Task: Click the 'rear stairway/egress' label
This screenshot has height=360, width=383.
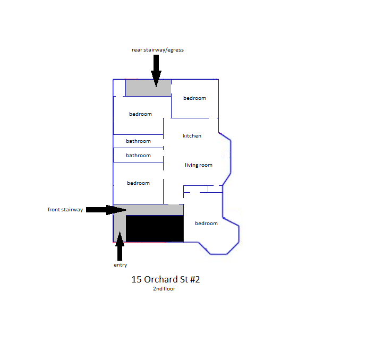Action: point(158,50)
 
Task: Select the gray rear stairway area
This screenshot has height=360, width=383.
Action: point(148,88)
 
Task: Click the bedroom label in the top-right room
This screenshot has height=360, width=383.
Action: point(194,98)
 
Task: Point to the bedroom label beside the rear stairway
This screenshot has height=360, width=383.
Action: point(140,114)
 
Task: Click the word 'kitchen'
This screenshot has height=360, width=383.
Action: point(192,136)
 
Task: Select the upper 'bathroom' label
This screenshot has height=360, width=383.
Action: point(138,141)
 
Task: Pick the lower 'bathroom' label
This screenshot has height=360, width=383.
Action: point(138,156)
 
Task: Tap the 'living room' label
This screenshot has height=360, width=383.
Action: point(199,165)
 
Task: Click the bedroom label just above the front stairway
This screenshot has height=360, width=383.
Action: point(138,183)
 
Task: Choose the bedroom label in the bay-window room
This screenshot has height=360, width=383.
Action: point(206,224)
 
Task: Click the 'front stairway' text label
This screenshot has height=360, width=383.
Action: point(65,210)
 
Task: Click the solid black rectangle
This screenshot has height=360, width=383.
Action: point(155,228)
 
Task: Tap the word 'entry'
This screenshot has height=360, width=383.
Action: point(120,265)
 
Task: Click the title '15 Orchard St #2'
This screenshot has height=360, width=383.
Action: point(165,279)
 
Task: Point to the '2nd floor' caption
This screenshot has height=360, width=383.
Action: point(164,289)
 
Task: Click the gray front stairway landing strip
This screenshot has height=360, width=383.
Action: point(154,210)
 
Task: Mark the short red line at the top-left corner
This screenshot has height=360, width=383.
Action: point(131,79)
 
